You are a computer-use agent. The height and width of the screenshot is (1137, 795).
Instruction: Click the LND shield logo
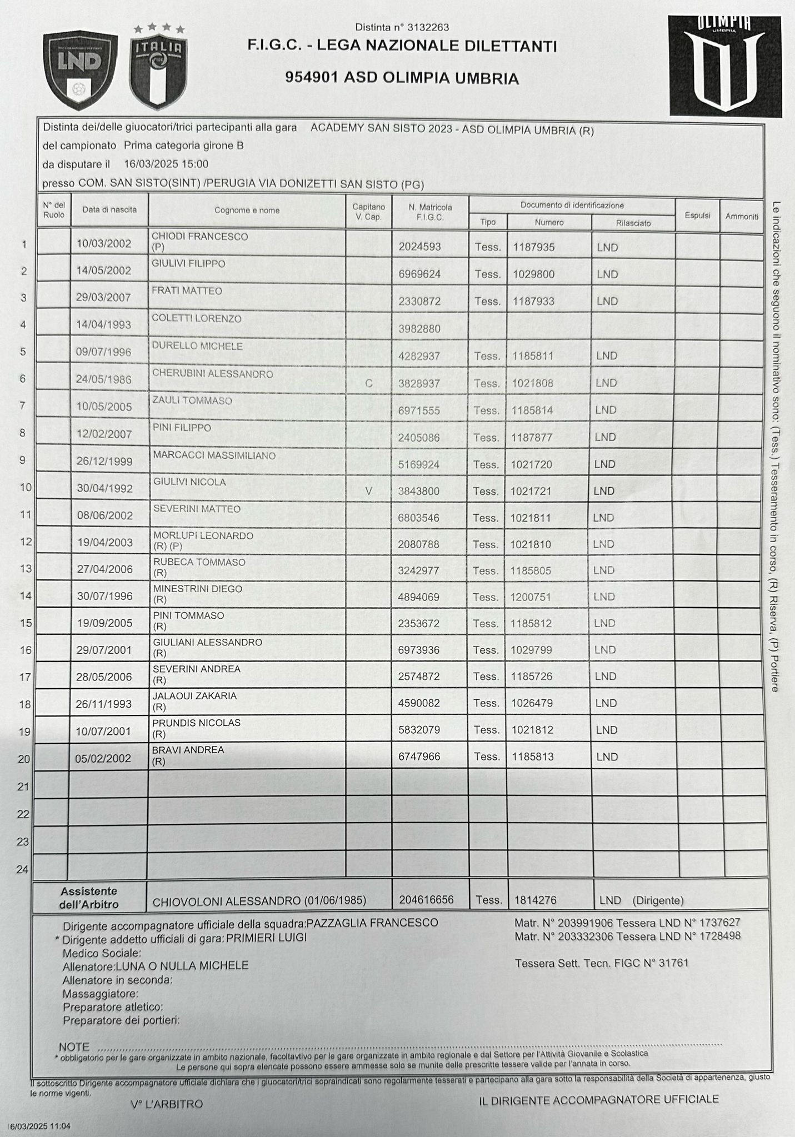(81, 69)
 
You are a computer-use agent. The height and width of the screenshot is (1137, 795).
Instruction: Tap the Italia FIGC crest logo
(158, 68)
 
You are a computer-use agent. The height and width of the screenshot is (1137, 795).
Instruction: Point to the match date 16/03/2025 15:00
(166, 164)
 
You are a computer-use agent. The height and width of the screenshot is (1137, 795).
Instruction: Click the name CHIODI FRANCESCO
(199, 237)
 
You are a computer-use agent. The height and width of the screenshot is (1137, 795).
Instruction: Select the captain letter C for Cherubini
(368, 383)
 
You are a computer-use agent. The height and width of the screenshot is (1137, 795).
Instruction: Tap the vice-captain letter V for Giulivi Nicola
(368, 492)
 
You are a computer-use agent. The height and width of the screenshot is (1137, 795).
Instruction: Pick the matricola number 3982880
(419, 329)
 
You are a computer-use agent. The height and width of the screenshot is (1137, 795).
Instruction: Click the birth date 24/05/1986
(104, 380)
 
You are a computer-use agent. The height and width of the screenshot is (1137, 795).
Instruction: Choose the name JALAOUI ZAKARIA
(194, 696)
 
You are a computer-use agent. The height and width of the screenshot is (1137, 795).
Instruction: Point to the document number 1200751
(531, 597)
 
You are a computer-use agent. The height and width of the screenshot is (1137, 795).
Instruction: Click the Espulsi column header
(697, 216)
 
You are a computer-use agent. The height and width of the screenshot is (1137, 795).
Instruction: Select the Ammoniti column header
(742, 216)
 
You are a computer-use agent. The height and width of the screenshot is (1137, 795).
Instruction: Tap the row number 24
(23, 869)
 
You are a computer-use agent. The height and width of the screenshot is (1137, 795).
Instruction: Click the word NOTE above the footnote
(74, 1047)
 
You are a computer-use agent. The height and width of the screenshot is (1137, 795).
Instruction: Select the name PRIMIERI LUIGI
(267, 937)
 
